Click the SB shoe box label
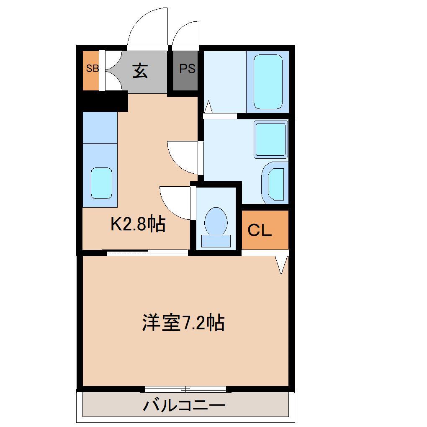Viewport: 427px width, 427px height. tap(92, 69)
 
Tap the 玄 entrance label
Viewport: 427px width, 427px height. tap(140, 71)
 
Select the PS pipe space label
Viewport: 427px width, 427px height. tap(187, 69)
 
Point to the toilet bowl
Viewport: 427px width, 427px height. tap(216, 221)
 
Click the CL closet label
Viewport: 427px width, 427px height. tap(260, 230)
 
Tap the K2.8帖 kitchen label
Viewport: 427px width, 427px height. tap(138, 225)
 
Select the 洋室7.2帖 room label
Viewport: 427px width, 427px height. tap(183, 323)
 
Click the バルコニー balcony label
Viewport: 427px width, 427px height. tap(185, 405)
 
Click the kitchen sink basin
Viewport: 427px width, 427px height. tap(101, 183)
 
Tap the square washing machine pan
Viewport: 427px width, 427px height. tap(271, 140)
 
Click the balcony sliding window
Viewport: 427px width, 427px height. tap(185, 389)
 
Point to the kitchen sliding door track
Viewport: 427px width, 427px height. tap(147, 252)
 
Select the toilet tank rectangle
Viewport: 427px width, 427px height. tap(216, 241)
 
